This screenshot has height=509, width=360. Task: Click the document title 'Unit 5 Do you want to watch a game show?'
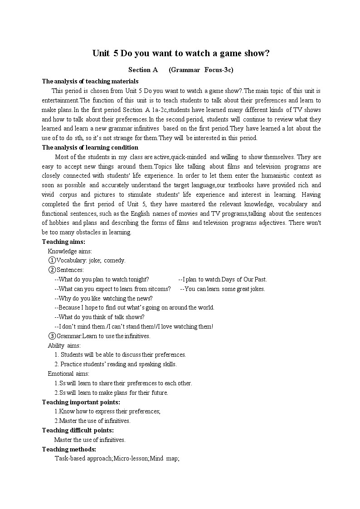[x=181, y=53]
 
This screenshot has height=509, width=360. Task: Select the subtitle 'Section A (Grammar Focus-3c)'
[x=180, y=70]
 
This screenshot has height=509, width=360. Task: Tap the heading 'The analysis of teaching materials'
[x=90, y=82]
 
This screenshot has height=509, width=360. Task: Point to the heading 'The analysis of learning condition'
[x=90, y=147]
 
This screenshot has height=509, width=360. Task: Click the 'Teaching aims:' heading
[x=63, y=242]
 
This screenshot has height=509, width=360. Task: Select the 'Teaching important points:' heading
[x=81, y=402]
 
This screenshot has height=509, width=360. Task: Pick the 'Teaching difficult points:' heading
[x=78, y=430]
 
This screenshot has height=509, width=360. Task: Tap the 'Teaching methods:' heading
[x=69, y=449]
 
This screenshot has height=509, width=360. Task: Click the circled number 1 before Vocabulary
[x=52, y=261]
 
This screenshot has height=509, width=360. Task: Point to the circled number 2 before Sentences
[x=52, y=270]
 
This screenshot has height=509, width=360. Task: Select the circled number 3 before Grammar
[x=52, y=336]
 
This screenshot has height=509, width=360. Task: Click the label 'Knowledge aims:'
[x=70, y=251]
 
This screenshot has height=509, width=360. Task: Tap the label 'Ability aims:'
[x=64, y=345]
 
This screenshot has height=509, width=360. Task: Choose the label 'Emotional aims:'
[x=68, y=374]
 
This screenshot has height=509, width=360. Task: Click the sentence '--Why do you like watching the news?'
[x=103, y=298]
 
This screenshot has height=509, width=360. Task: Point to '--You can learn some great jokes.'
[x=223, y=289]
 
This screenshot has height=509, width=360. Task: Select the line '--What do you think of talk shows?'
[x=99, y=317]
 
